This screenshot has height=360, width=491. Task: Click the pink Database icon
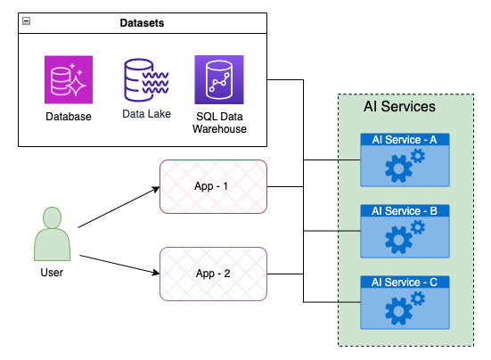coord(69,80)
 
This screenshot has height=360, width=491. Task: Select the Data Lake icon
coord(143,80)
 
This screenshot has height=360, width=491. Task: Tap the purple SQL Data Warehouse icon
coord(219,80)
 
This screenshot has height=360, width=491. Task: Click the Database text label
coord(69,117)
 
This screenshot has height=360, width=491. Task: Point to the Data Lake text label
coord(143,115)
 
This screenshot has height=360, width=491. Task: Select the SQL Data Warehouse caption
coord(219,123)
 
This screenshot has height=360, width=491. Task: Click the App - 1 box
coord(213,187)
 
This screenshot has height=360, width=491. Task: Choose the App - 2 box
coord(213,274)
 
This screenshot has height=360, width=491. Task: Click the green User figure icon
coord(53,233)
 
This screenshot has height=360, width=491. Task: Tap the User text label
coord(53,272)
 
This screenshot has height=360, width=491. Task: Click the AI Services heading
coord(399,107)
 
